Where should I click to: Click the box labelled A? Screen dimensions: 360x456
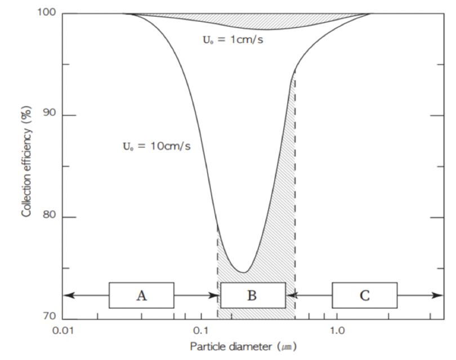pyautogui.click(x=141, y=295)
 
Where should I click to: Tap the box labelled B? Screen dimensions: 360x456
pyautogui.click(x=253, y=295)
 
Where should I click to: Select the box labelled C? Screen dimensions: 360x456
pyautogui.click(x=364, y=295)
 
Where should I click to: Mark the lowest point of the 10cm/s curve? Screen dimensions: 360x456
pyautogui.click(x=243, y=272)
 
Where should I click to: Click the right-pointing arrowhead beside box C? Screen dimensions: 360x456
pyautogui.click(x=440, y=294)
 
